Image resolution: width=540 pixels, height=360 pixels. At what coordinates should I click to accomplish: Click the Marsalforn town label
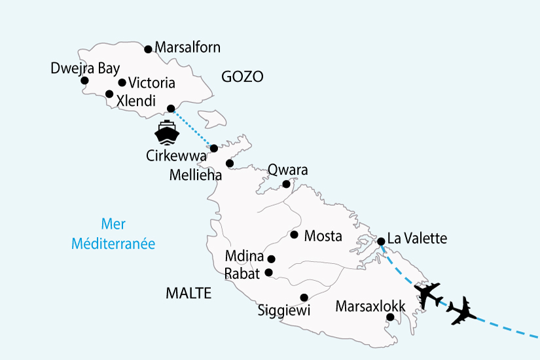(187, 47)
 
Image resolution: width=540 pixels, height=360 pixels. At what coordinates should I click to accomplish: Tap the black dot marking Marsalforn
(149, 48)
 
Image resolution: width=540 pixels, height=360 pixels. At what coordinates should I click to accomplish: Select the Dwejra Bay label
(81, 68)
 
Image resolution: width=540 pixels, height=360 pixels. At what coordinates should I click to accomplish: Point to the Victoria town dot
(122, 82)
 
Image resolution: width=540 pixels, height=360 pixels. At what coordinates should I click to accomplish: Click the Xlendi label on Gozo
(135, 101)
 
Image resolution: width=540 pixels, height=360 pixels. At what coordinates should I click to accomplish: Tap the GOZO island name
(242, 77)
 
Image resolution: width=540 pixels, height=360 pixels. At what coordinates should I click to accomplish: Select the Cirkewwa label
(177, 156)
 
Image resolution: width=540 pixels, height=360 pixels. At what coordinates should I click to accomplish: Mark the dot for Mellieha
(230, 163)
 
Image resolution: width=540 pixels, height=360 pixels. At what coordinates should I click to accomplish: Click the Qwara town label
(287, 170)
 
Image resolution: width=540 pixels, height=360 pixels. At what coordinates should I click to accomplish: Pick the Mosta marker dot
(295, 235)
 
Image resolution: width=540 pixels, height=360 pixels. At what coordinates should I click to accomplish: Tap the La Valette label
(417, 238)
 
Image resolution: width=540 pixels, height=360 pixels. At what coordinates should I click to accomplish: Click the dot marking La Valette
(381, 242)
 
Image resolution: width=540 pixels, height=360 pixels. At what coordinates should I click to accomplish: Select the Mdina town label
(243, 257)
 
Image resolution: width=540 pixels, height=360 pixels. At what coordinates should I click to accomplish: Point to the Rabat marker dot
(268, 272)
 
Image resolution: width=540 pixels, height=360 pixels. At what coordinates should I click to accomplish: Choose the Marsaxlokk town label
(370, 306)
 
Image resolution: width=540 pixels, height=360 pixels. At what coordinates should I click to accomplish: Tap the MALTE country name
(189, 293)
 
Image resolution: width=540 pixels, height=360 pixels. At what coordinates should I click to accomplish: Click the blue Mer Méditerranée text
(113, 233)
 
